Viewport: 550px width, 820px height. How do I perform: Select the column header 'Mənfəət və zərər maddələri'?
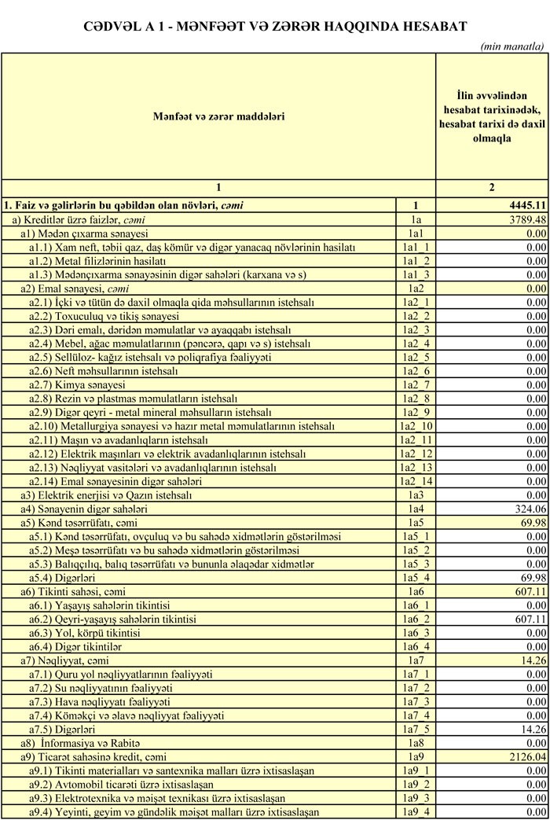[x=218, y=116]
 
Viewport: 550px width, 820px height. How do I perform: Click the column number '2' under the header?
[x=492, y=187]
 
